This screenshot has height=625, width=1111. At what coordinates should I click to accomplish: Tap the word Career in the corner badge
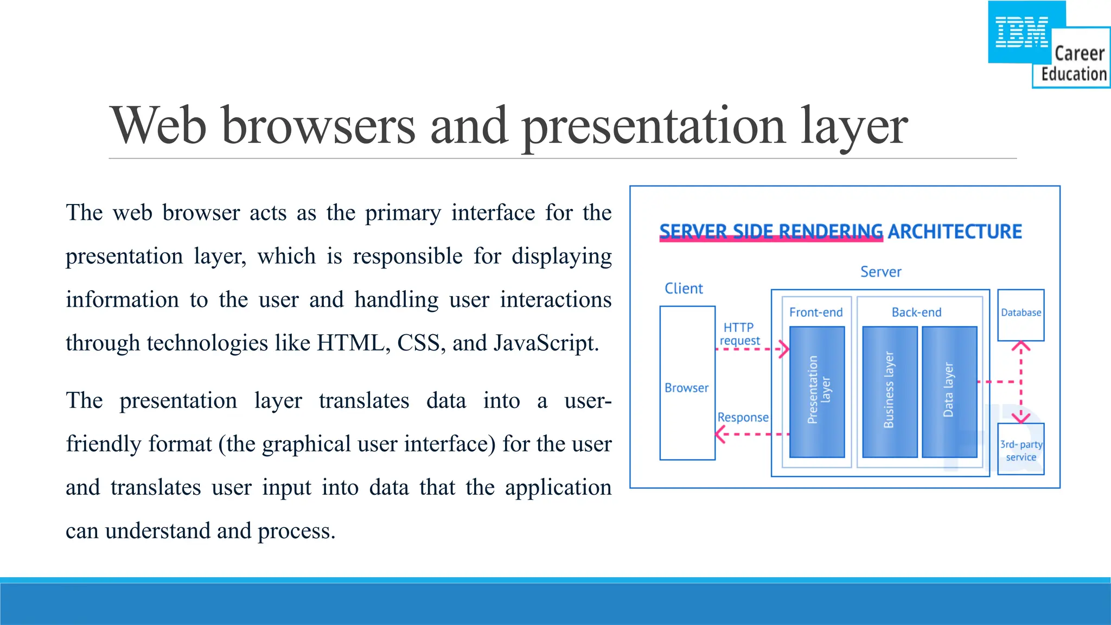click(x=1079, y=54)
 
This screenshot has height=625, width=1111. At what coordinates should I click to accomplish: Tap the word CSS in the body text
click(x=418, y=343)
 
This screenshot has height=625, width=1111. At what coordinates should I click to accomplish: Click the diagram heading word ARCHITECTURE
click(x=954, y=232)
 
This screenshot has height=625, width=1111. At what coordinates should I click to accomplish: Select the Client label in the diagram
click(x=684, y=289)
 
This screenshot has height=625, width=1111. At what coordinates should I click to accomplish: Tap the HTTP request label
click(x=739, y=334)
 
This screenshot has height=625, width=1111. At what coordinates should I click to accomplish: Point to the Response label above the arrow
click(x=743, y=417)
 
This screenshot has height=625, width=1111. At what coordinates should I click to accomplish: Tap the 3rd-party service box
click(x=1020, y=449)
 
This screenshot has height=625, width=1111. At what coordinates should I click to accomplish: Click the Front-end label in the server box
click(x=816, y=312)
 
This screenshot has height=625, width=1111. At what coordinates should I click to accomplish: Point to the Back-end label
click(x=916, y=312)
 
